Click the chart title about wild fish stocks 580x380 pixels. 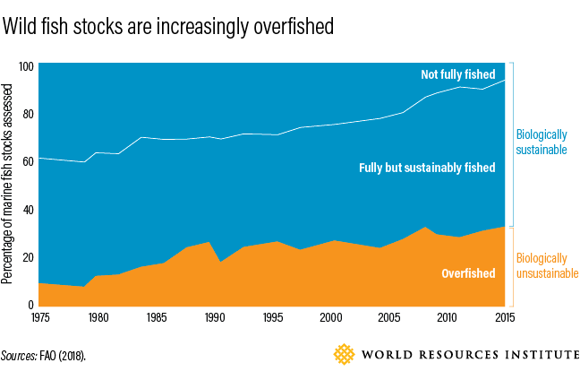168,27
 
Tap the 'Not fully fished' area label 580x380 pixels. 457,74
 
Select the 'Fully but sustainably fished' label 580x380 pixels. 427,168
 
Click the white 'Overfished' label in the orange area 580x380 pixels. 468,272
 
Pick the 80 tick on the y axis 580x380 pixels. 28,115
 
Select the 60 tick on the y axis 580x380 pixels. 28,162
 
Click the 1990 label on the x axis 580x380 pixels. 215,316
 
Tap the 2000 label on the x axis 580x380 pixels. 330,316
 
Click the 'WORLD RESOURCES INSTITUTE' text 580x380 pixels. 469,356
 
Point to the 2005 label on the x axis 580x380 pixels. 388,316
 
